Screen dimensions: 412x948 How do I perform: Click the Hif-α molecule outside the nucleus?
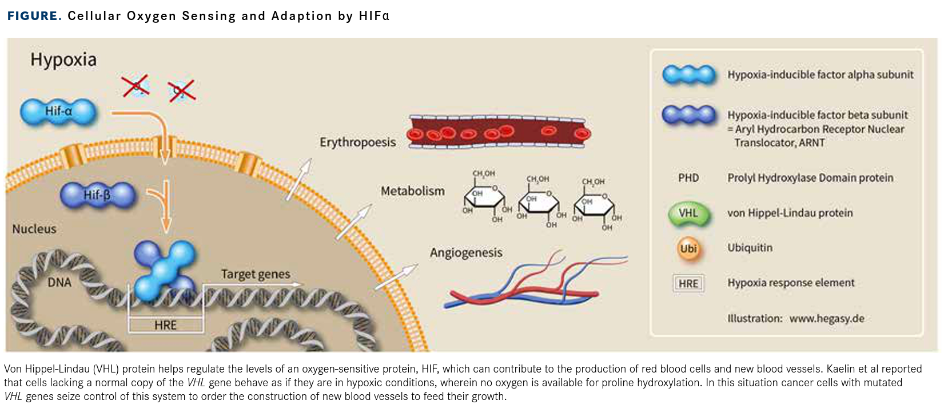[58, 111]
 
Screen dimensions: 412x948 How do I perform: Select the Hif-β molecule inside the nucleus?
[98, 195]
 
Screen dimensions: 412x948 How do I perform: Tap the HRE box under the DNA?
[165, 325]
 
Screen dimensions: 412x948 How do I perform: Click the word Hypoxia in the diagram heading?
[63, 60]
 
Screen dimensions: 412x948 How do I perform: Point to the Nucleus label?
[34, 229]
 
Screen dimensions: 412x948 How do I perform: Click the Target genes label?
[255, 274]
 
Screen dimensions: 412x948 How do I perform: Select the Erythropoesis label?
[357, 142]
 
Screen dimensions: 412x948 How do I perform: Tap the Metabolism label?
[412, 191]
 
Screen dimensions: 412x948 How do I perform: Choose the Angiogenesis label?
[466, 253]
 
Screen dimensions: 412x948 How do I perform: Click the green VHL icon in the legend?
[688, 213]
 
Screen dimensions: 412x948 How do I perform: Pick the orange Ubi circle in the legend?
[688, 248]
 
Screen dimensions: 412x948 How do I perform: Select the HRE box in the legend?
[688, 283]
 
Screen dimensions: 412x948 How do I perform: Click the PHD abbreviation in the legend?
[688, 178]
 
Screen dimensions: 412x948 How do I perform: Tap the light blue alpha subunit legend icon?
[688, 74]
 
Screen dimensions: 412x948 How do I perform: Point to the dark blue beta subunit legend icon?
[688, 114]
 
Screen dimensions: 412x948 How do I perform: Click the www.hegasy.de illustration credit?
[826, 319]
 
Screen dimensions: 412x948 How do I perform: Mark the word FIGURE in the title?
[34, 16]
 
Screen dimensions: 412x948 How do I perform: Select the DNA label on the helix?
[59, 283]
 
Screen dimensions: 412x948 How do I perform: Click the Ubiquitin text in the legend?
[750, 248]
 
